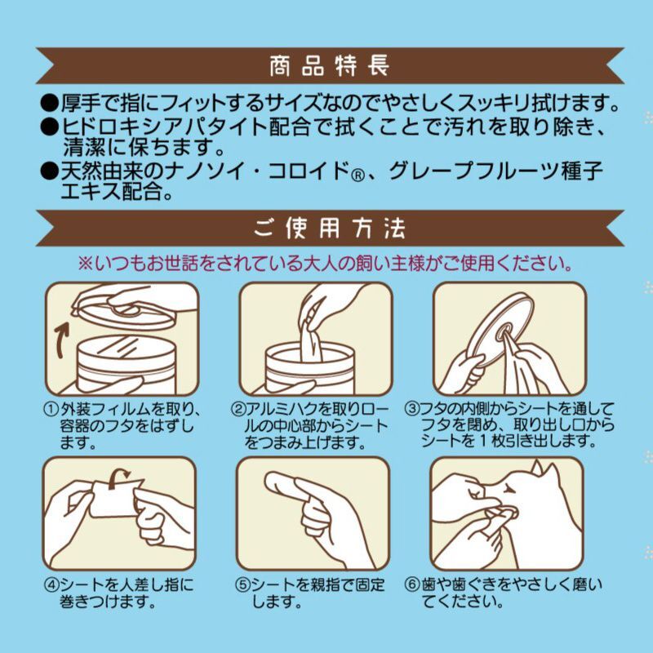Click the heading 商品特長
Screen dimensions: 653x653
[330, 66]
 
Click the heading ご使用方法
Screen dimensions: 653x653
[330, 229]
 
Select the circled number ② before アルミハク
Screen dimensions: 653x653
[237, 410]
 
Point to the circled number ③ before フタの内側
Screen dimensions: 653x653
[411, 409]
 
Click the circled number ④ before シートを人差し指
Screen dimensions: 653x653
[51, 584]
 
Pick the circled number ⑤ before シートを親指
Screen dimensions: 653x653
[242, 584]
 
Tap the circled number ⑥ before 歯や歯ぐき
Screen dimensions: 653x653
[412, 584]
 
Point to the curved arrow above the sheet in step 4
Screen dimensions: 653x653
[118, 478]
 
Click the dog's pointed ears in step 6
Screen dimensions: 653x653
[545, 469]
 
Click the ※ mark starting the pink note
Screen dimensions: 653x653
[85, 263]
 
